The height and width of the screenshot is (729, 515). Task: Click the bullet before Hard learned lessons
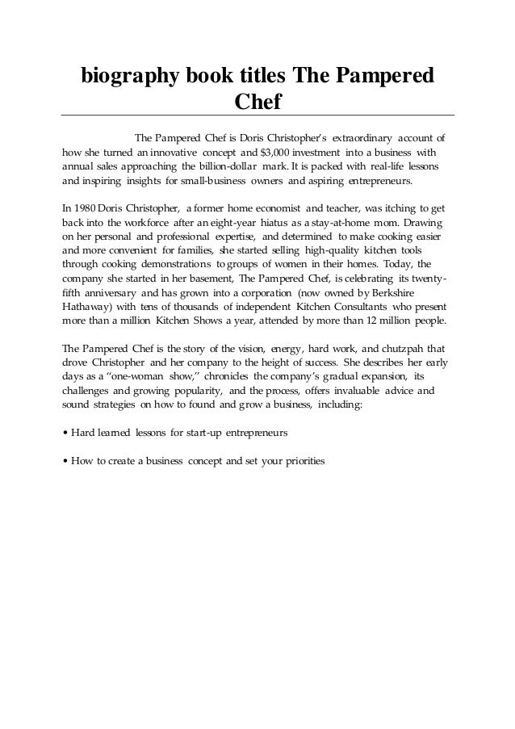pos(65,432)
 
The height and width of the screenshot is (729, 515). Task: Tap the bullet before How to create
pos(65,460)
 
